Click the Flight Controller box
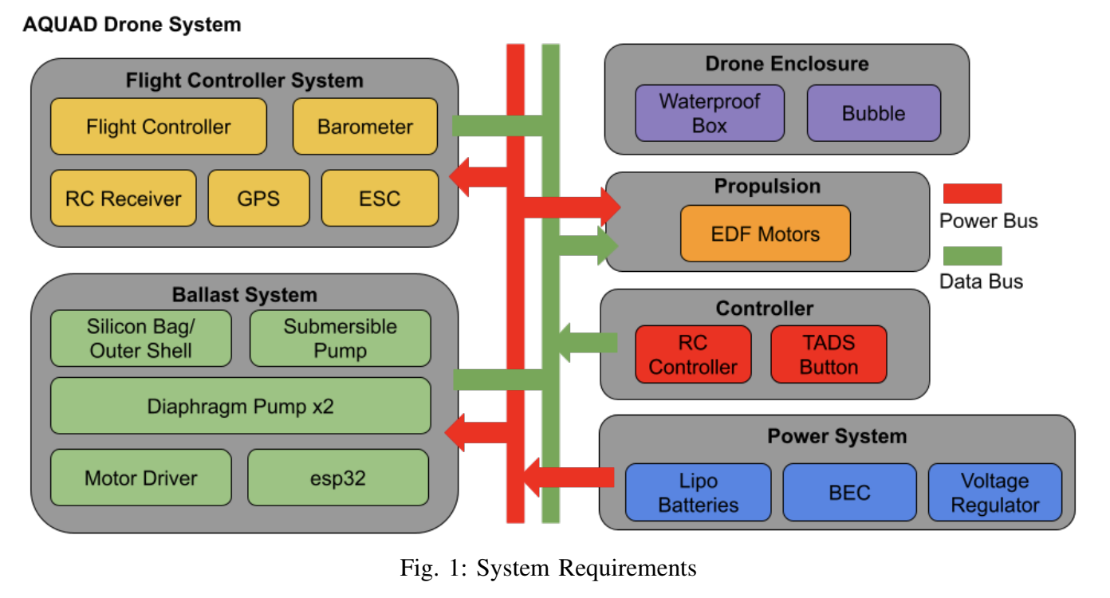click(x=158, y=126)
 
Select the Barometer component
click(x=365, y=126)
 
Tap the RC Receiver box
click(x=123, y=198)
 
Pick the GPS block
click(x=258, y=198)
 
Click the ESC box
click(x=380, y=198)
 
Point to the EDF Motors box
click(x=765, y=234)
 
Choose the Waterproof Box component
click(x=709, y=113)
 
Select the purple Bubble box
click(x=873, y=113)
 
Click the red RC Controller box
click(x=693, y=354)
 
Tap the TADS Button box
click(x=829, y=354)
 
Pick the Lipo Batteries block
click(x=698, y=492)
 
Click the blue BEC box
click(x=849, y=492)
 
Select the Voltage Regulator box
click(x=994, y=492)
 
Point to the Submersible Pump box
click(x=340, y=338)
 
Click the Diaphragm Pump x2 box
click(x=240, y=406)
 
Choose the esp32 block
click(x=337, y=477)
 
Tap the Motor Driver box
click(x=140, y=477)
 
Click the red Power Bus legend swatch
click(x=972, y=194)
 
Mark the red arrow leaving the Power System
click(x=568, y=478)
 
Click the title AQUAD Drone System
click(x=132, y=25)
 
